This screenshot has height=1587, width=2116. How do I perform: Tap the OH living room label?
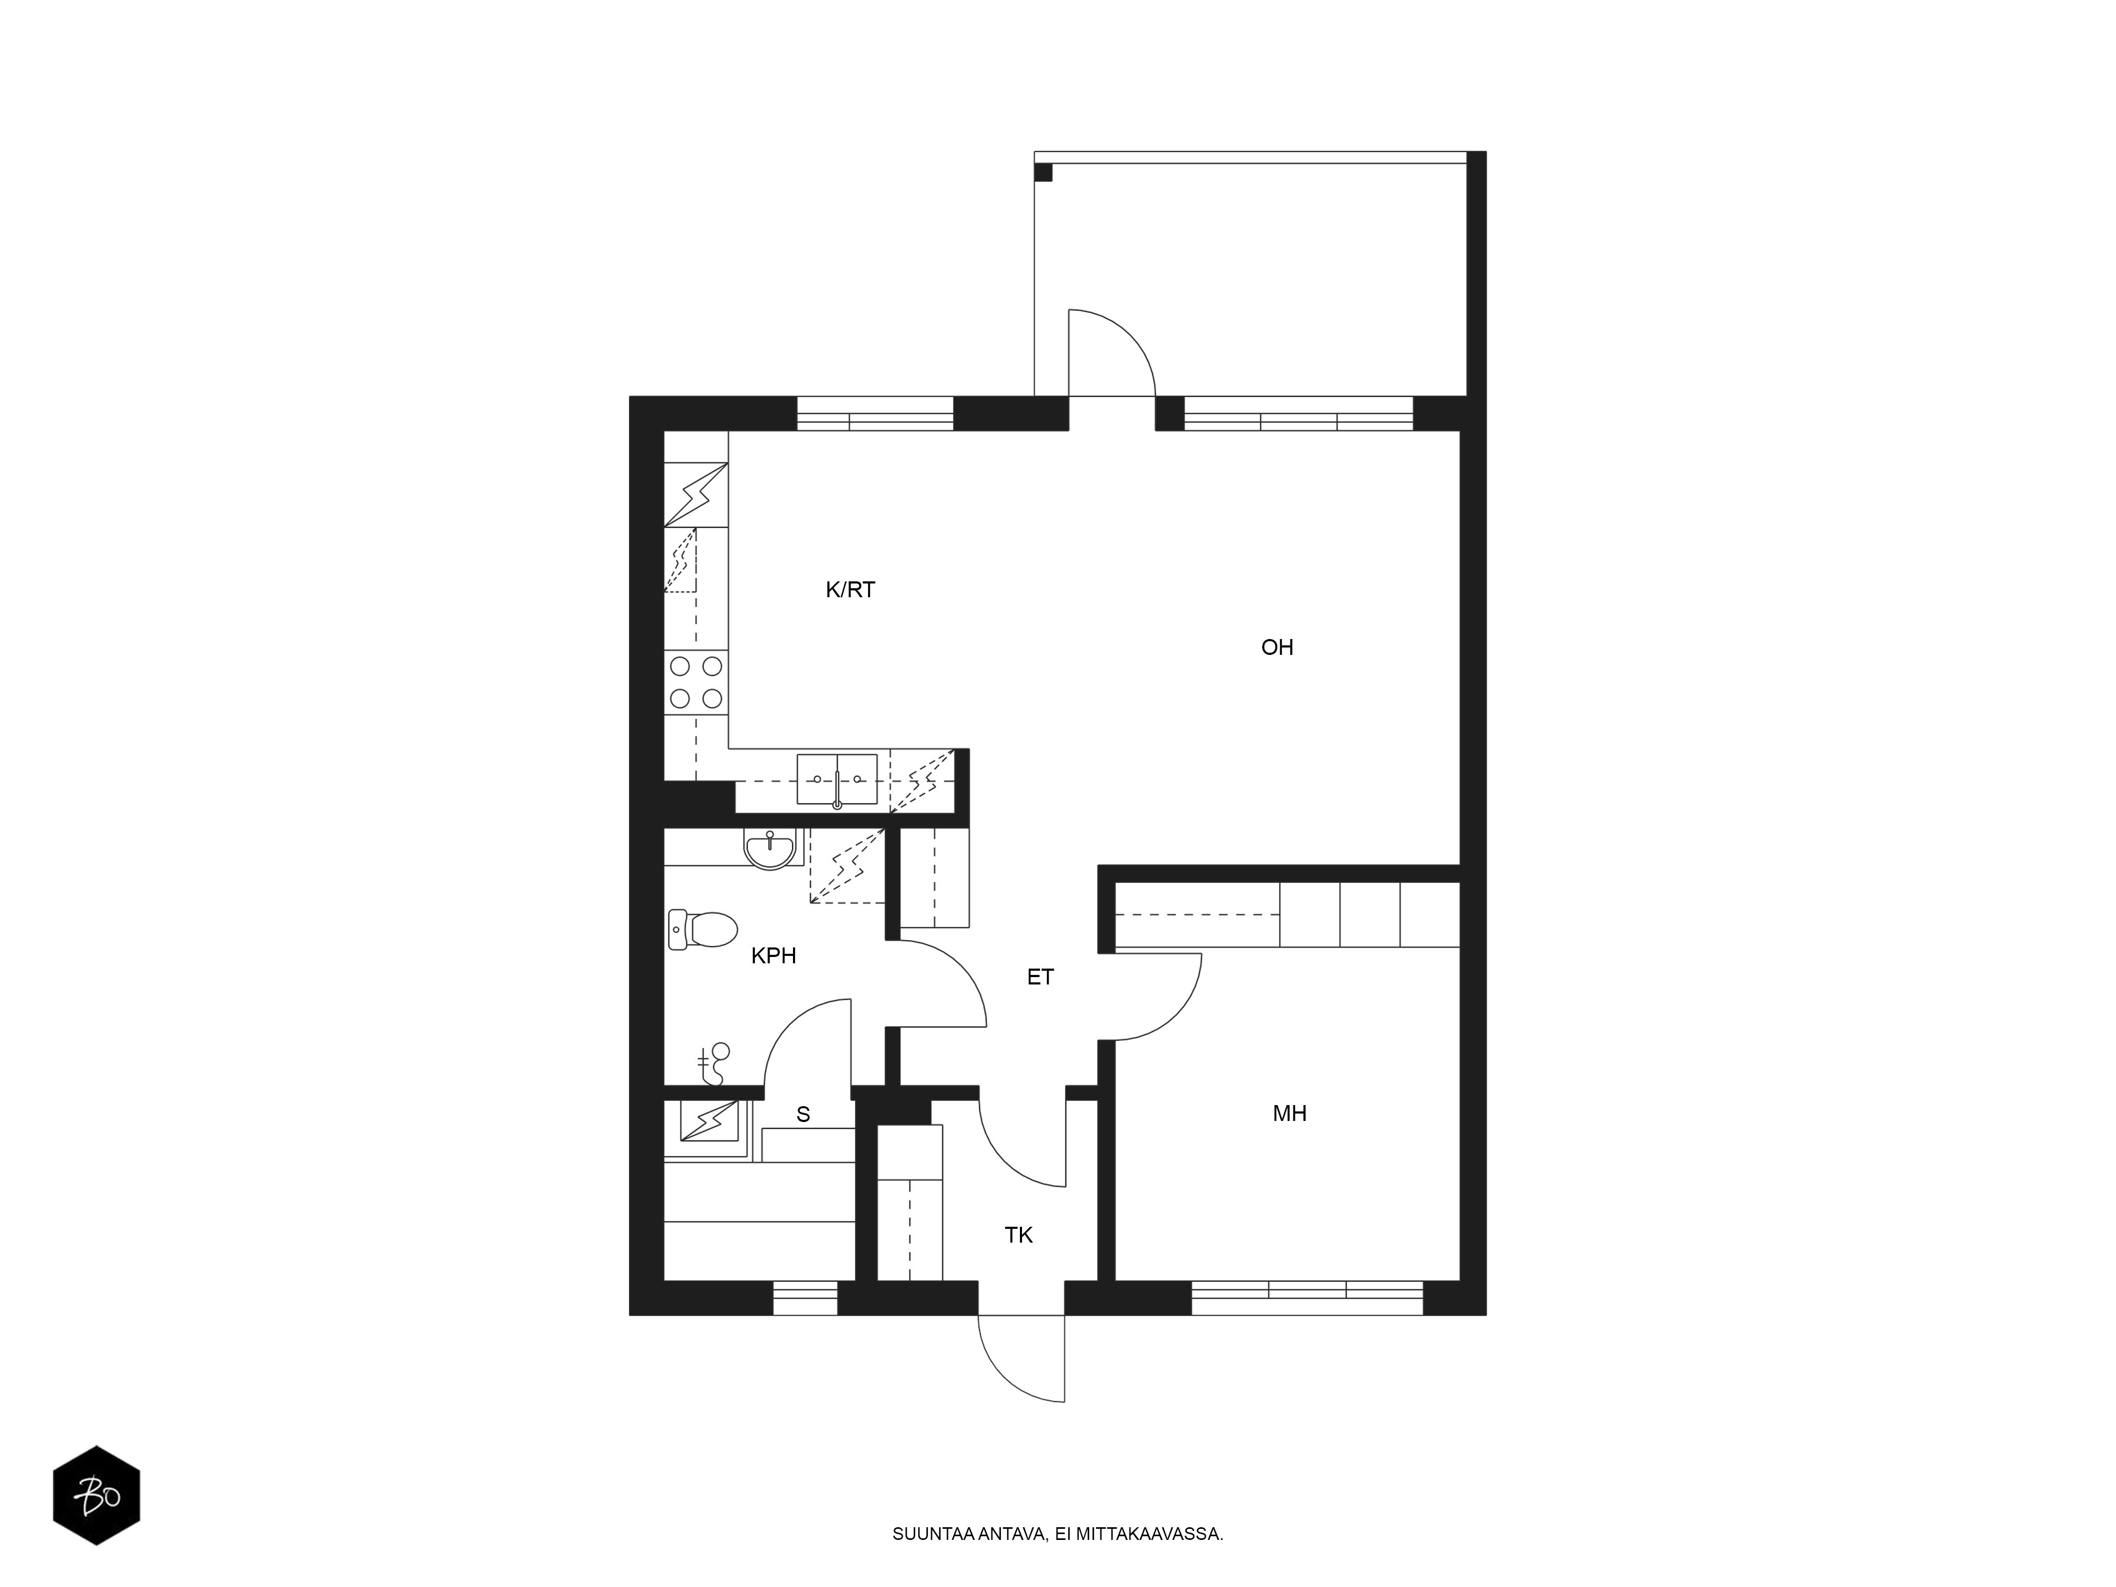pyautogui.click(x=1277, y=647)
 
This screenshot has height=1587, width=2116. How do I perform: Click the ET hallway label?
pyautogui.click(x=1040, y=977)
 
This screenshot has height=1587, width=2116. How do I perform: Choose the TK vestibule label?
pyautogui.click(x=1019, y=1235)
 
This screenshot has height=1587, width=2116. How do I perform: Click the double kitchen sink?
pyautogui.click(x=837, y=780)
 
